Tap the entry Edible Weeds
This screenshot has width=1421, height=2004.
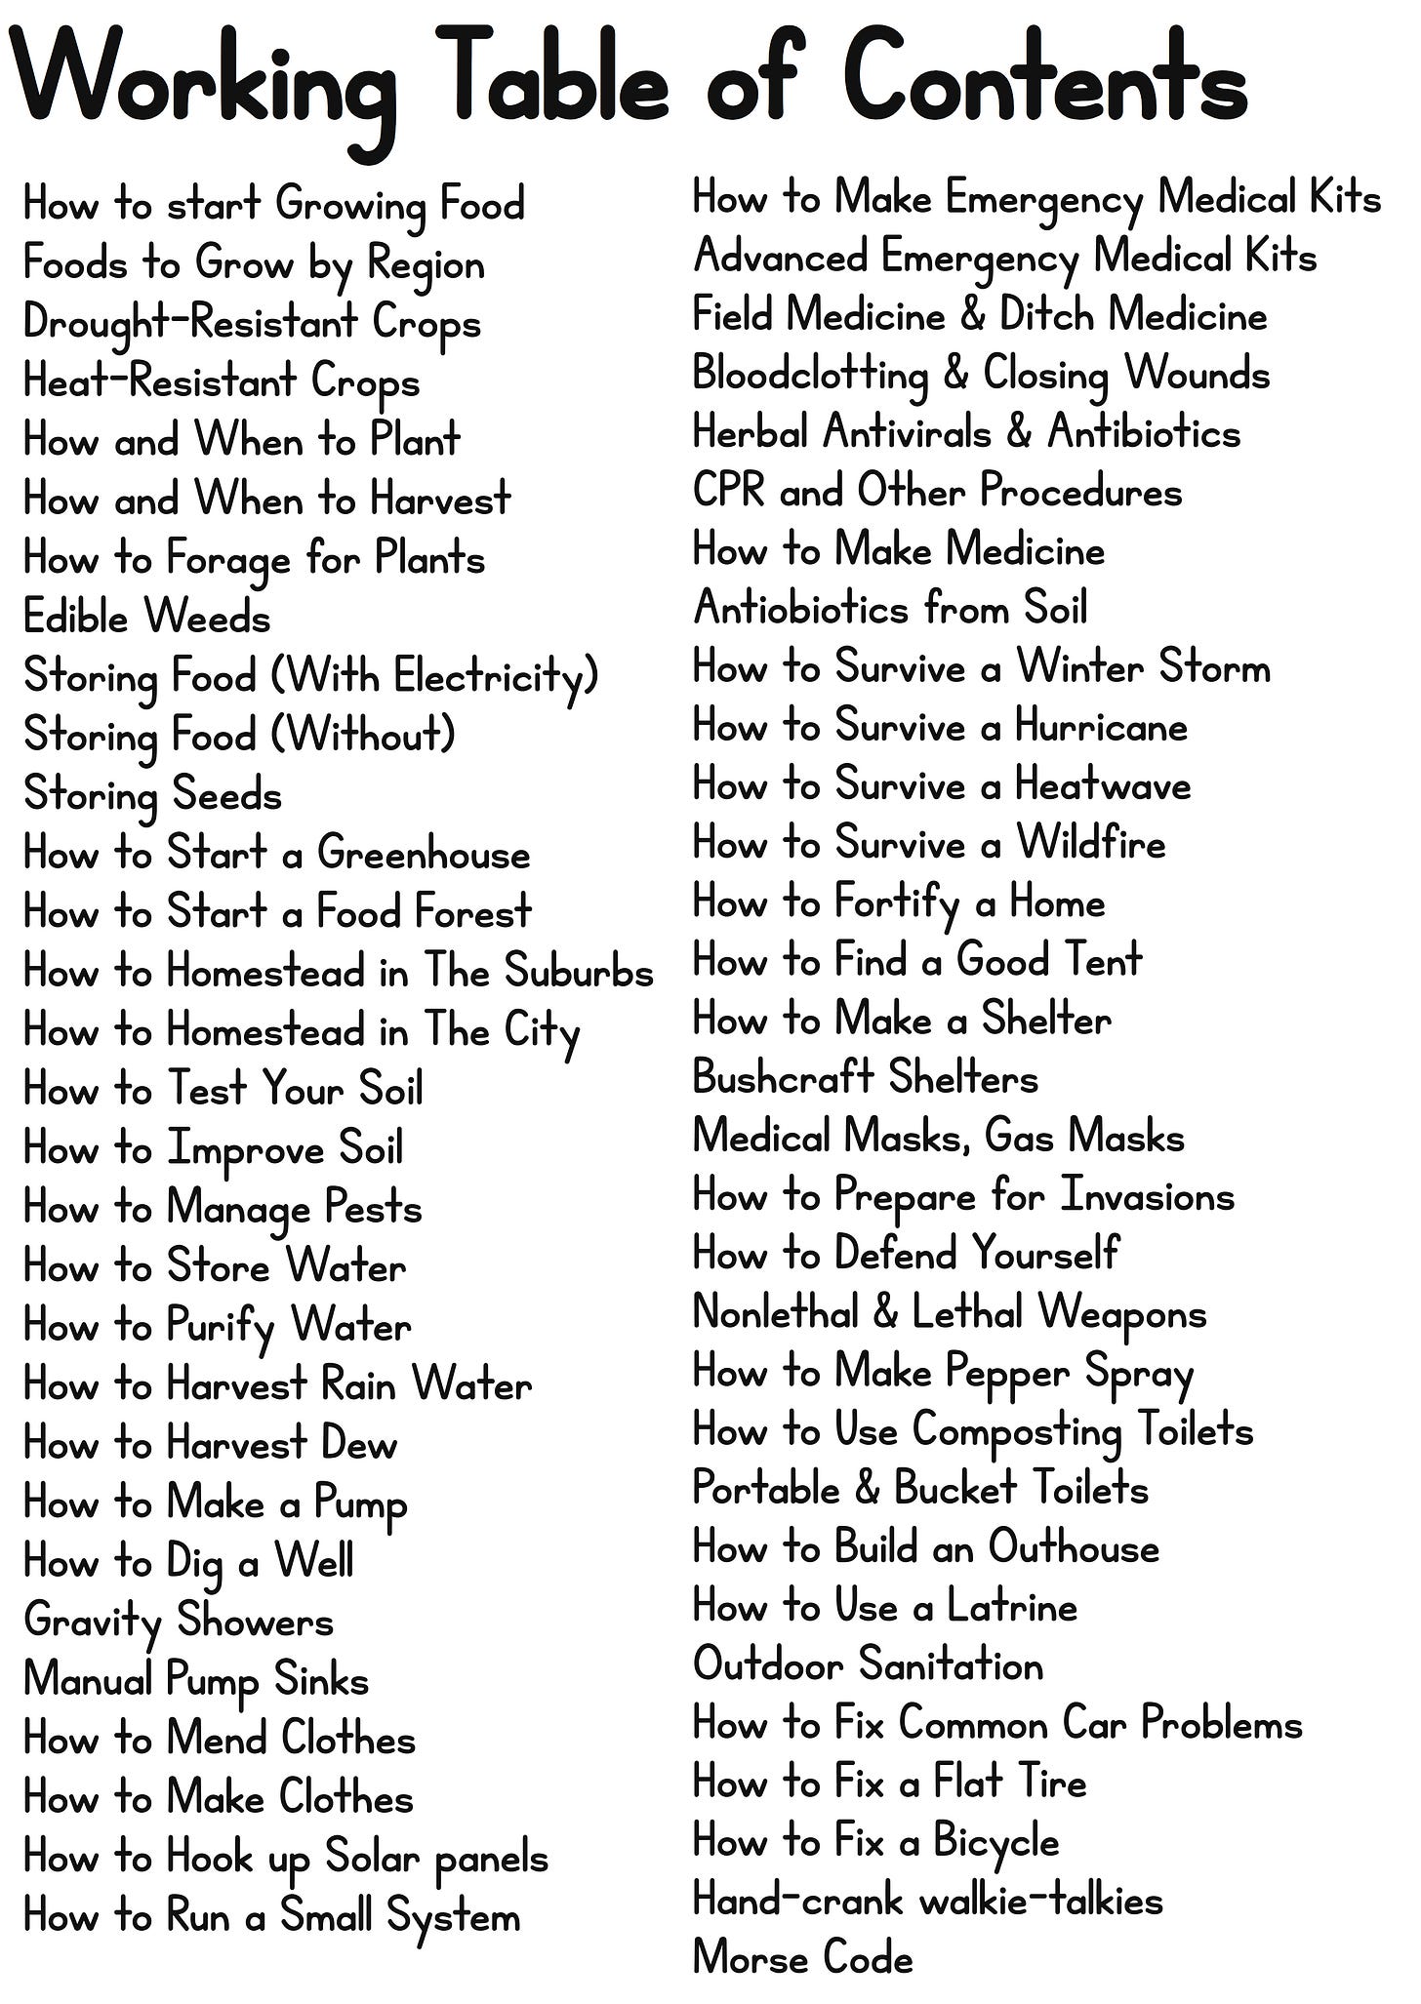click(x=146, y=618)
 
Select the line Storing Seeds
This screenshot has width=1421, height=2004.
click(x=152, y=794)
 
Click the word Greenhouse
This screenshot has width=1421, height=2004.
click(x=424, y=855)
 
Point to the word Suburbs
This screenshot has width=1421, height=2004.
click(x=579, y=972)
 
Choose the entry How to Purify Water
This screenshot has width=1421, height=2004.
click(x=217, y=1327)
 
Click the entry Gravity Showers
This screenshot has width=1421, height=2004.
click(x=179, y=1622)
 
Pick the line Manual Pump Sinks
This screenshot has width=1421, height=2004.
click(x=195, y=1680)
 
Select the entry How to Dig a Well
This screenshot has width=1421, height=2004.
click(x=188, y=1562)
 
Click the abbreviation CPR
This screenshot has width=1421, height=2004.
click(x=728, y=490)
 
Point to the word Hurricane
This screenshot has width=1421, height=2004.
click(x=1101, y=726)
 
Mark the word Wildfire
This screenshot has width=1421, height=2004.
click(x=1091, y=843)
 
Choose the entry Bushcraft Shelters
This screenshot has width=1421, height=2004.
click(x=865, y=1078)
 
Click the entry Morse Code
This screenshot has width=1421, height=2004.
click(x=802, y=1958)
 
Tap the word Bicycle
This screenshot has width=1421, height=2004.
click(x=995, y=1842)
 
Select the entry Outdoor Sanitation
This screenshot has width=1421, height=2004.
click(x=868, y=1665)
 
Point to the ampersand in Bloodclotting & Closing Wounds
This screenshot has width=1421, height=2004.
click(x=954, y=375)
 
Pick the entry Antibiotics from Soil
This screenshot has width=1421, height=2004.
click(x=889, y=609)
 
